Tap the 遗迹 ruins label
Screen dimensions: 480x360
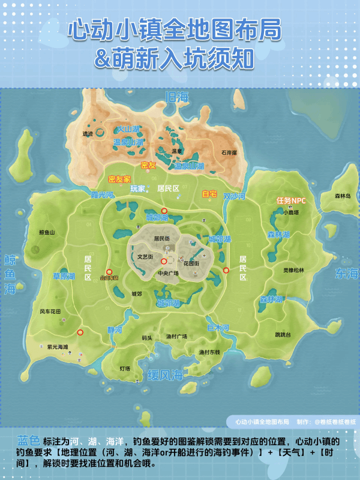click(88, 134)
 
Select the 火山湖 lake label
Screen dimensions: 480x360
click(128, 129)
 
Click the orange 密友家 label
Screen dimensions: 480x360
click(119, 179)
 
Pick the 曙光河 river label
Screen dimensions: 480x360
click(101, 195)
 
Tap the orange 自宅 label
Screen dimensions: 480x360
click(209, 194)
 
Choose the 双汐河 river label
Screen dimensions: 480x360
click(234, 196)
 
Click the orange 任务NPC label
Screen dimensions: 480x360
click(290, 200)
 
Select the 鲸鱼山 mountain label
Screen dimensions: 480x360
click(47, 232)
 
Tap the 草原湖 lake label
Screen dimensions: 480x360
click(64, 276)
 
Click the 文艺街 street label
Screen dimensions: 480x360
click(146, 256)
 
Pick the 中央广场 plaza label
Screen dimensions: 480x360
click(168, 274)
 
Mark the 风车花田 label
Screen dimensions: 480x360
click(50, 311)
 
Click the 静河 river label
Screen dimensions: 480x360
click(114, 330)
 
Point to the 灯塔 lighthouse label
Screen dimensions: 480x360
click(125, 368)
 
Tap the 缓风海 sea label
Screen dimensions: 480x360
click(165, 376)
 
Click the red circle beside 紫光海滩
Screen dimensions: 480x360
click(80, 332)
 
